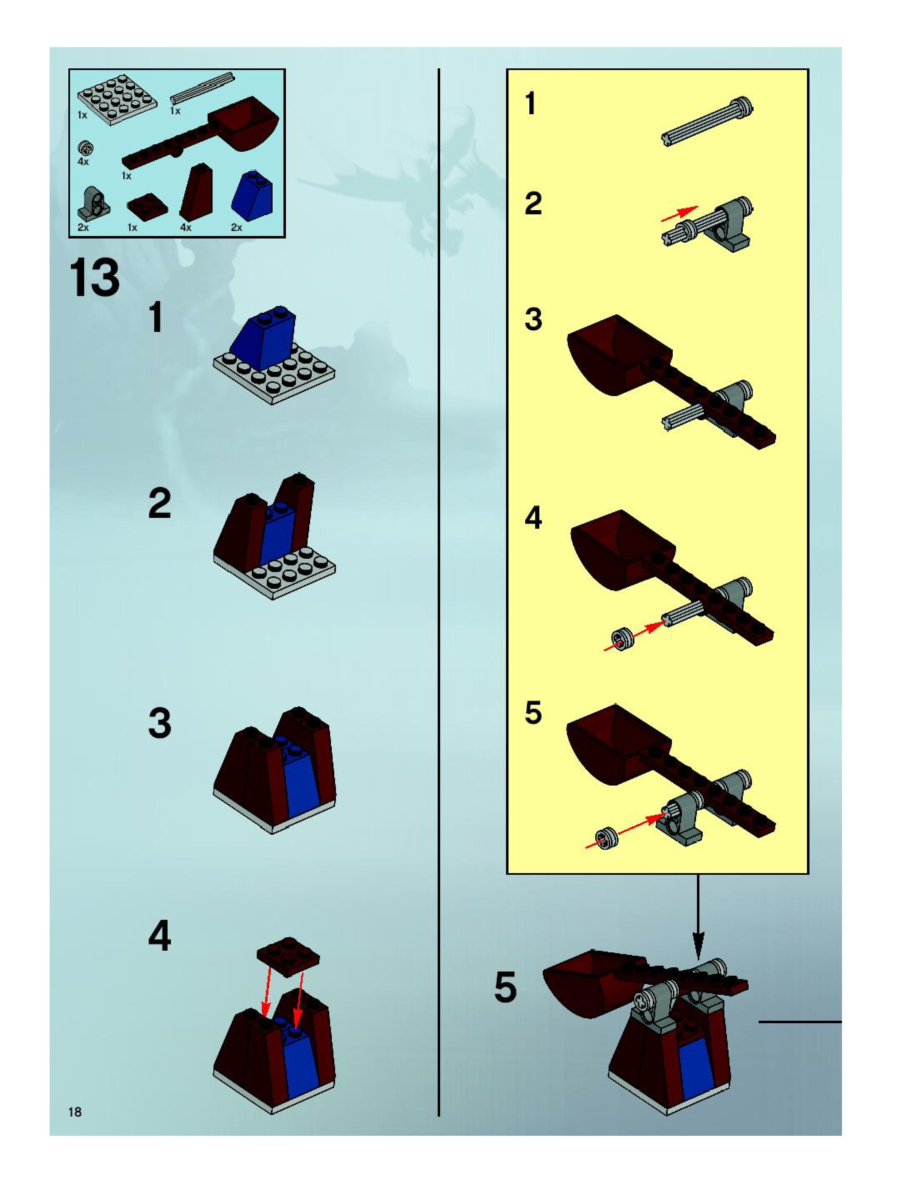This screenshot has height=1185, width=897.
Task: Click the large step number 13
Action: (94, 278)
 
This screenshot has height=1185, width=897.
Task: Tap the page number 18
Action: (75, 1112)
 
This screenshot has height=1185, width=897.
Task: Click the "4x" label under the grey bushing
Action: (83, 161)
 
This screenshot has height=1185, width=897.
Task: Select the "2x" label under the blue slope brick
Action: (236, 227)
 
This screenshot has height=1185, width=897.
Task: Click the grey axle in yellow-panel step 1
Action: (707, 122)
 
